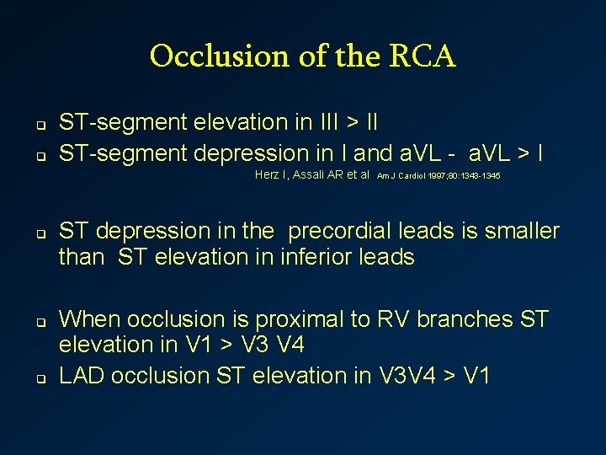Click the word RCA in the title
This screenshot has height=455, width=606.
423,57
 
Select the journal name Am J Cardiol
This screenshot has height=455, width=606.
400,176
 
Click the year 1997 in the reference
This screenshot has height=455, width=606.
438,176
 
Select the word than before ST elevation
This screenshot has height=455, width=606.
81,257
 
